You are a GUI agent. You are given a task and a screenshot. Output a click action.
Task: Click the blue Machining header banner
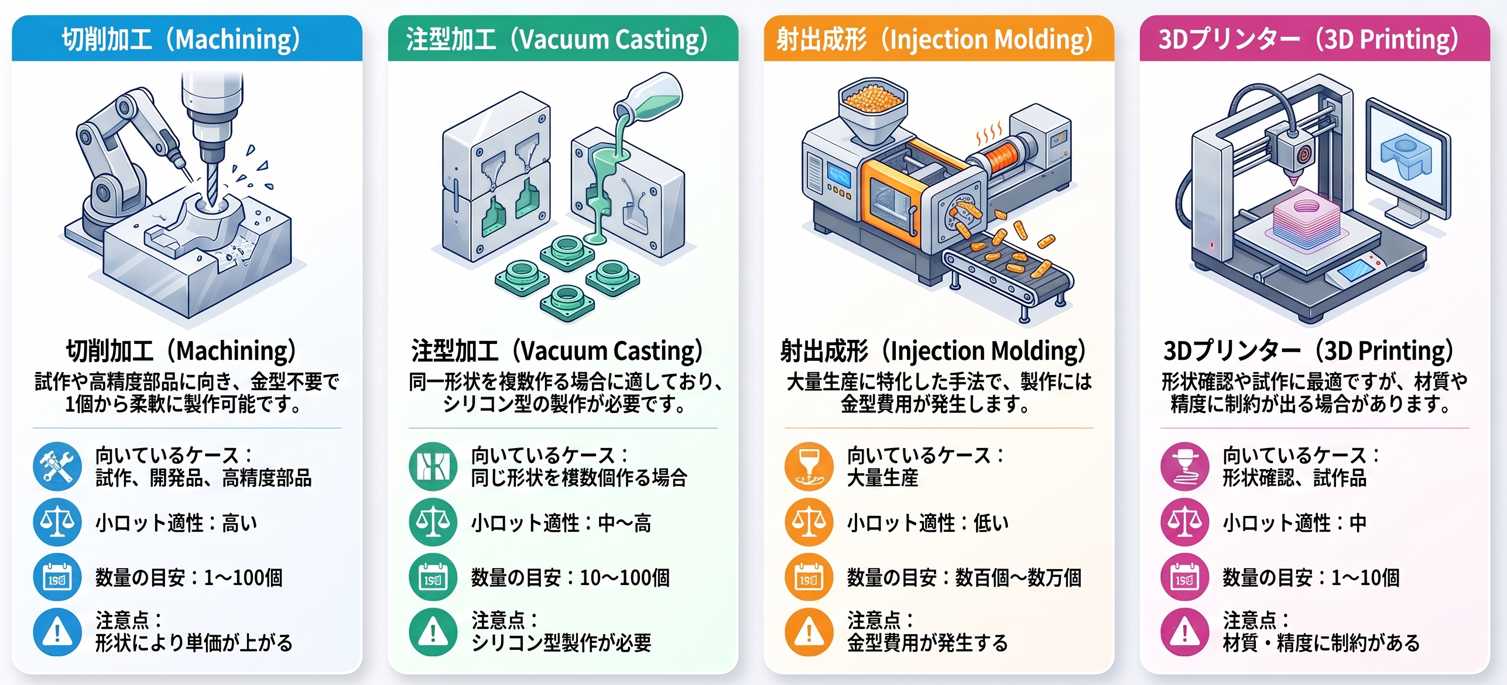[187, 39]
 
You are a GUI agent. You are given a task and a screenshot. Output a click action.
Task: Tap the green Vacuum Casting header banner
[563, 39]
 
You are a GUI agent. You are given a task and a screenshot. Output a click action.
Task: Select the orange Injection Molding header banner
[939, 39]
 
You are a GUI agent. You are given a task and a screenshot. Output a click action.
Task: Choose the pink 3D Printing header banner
[1314, 39]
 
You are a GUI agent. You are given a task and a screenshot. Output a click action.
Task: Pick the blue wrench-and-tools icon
[57, 466]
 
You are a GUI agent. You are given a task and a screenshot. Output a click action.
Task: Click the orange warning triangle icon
[809, 632]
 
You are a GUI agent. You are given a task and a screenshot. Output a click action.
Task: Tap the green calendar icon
[433, 577]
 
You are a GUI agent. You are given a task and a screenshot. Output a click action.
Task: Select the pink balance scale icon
[1184, 522]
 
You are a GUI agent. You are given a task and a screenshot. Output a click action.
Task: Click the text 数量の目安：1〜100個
[189, 578]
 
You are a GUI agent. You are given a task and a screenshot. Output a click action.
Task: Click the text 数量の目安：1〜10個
[1311, 578]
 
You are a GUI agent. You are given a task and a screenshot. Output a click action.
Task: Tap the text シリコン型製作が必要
[561, 643]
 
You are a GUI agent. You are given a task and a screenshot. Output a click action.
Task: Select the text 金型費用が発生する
[927, 643]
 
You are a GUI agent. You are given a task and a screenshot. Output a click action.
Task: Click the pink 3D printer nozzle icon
[1184, 466]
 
